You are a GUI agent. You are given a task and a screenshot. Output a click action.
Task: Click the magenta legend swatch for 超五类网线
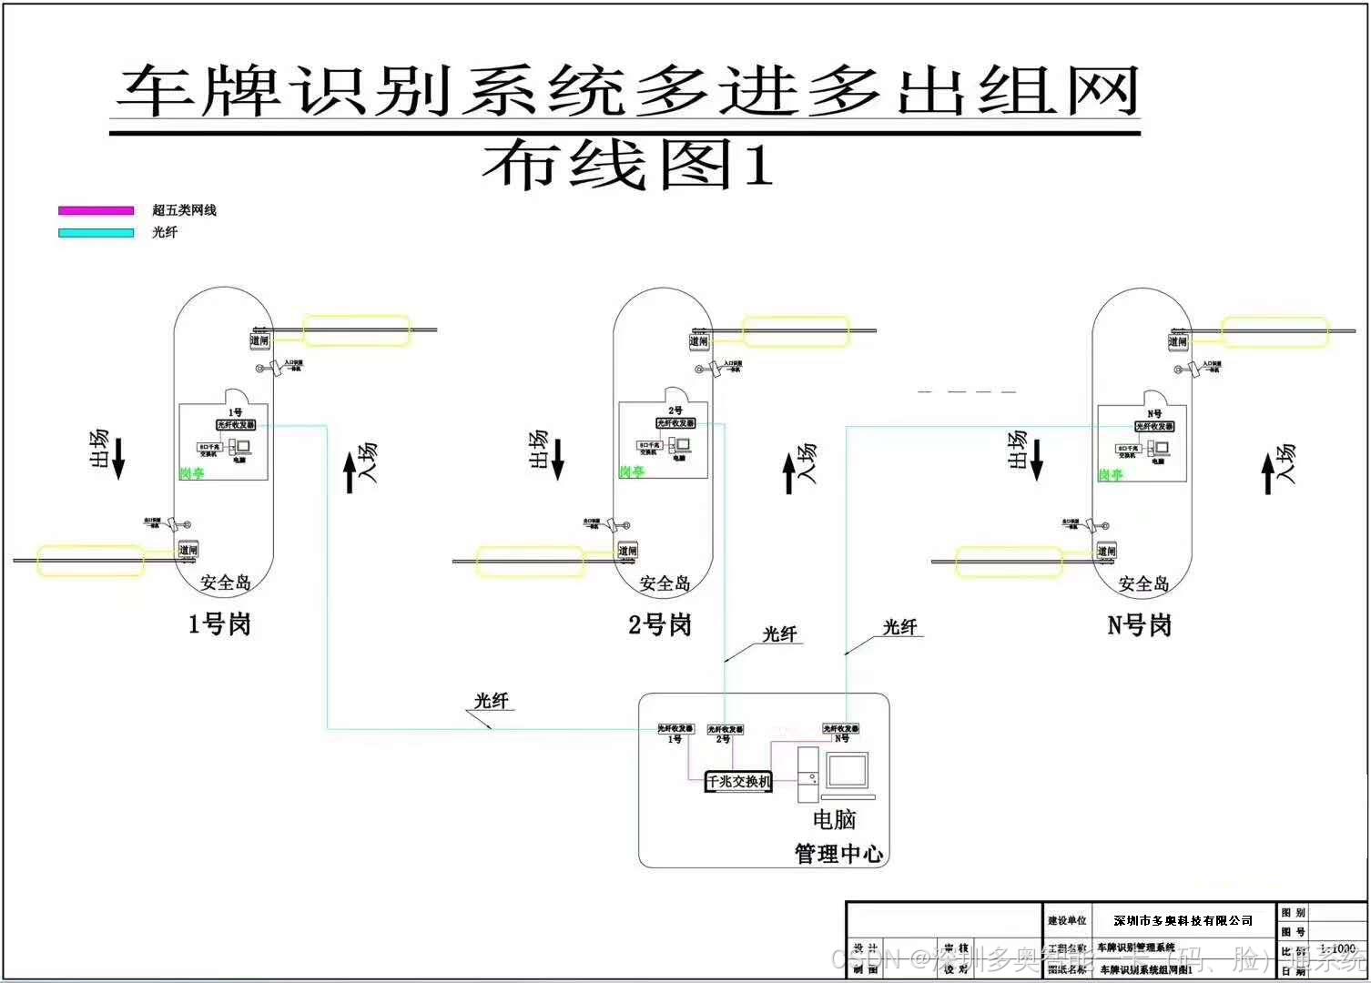pyautogui.click(x=96, y=210)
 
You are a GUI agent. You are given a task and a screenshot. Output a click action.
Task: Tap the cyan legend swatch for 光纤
pyautogui.click(x=96, y=233)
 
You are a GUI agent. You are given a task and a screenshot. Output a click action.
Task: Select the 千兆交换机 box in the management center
pyautogui.click(x=738, y=781)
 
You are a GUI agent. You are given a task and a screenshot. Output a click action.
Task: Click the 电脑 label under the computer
pyautogui.click(x=834, y=820)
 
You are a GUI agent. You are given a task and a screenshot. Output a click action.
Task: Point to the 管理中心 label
pyautogui.click(x=838, y=854)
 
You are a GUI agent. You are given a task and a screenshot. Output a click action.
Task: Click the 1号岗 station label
pyautogui.click(x=218, y=624)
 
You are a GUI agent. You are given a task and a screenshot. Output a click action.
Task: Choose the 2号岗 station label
pyautogui.click(x=659, y=625)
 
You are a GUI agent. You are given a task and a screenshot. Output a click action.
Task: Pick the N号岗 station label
pyautogui.click(x=1138, y=625)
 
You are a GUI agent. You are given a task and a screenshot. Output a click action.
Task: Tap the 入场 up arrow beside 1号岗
pyautogui.click(x=350, y=473)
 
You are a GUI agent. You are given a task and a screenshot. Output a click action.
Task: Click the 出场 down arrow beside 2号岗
pyautogui.click(x=558, y=459)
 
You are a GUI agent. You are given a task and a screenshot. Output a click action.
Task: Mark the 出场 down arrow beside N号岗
pyautogui.click(x=1036, y=459)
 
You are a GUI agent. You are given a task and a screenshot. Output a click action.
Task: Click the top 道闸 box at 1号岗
pyautogui.click(x=260, y=340)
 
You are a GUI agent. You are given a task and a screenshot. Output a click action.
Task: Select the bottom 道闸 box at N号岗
pyautogui.click(x=1105, y=552)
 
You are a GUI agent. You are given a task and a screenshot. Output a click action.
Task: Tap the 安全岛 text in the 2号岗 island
pyautogui.click(x=665, y=583)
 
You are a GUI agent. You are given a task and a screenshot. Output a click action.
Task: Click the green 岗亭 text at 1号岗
pyautogui.click(x=192, y=473)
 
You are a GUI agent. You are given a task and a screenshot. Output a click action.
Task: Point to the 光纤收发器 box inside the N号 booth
pyautogui.click(x=1154, y=426)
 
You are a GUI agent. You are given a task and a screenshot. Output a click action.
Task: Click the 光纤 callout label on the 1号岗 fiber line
pyautogui.click(x=491, y=701)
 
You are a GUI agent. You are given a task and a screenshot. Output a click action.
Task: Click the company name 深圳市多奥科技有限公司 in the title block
pyautogui.click(x=1183, y=921)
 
